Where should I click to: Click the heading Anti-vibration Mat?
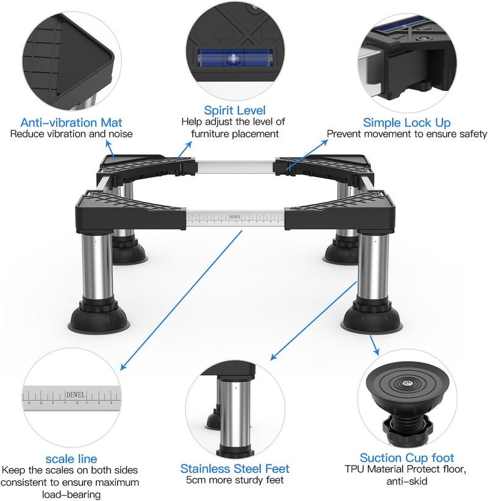(x=71, y=123)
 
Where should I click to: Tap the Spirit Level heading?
(x=235, y=110)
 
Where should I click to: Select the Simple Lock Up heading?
(x=407, y=123)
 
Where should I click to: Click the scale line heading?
(x=71, y=459)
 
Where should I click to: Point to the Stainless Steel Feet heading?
(x=235, y=469)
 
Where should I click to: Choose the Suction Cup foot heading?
(x=407, y=458)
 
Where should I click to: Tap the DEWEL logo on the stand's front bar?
(x=235, y=217)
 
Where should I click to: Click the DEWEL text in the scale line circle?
(x=76, y=395)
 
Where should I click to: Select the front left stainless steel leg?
(x=97, y=265)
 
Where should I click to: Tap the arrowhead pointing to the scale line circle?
(x=123, y=367)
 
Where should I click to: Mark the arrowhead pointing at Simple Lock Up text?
(x=325, y=142)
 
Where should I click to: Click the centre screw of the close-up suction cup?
(x=406, y=383)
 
